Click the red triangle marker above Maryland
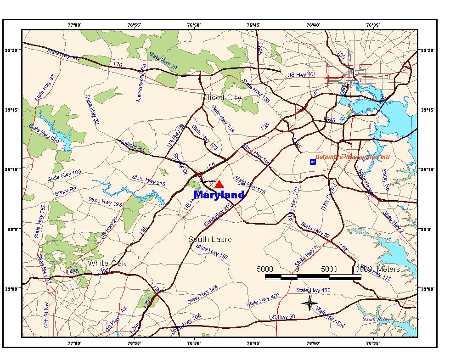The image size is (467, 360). point(219,184)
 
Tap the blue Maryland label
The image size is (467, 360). point(219,195)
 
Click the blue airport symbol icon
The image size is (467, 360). point(313,162)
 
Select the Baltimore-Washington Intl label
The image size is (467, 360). point(353,157)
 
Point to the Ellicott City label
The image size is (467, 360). point(221,97)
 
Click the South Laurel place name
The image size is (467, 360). point(211,239)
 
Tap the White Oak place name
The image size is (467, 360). point(107,263)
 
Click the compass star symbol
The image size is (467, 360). point(310,303)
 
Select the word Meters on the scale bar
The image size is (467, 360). point(388,269)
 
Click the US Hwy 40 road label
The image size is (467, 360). point(300,75)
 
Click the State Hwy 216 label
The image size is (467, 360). point(148,180)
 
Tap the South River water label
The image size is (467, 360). point(376,320)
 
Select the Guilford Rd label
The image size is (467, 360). point(132,146)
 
